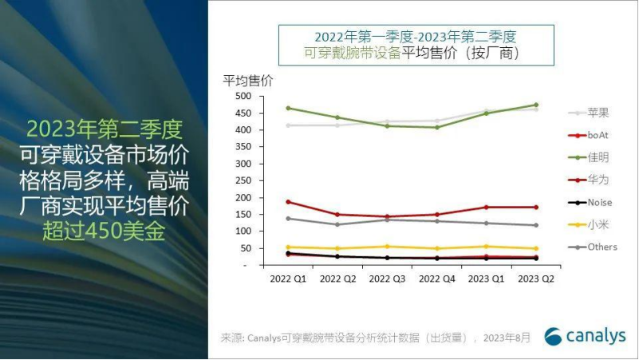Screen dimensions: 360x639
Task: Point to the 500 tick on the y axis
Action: pyautogui.click(x=243, y=96)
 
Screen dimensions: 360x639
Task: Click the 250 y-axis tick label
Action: pyautogui.click(x=243, y=180)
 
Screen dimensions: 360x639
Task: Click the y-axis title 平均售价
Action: pyautogui.click(x=247, y=81)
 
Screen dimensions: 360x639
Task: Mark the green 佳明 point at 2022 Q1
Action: pyautogui.click(x=288, y=108)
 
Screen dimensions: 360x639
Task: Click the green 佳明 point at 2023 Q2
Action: pyautogui.click(x=535, y=105)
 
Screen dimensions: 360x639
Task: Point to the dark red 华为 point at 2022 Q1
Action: pyautogui.click(x=288, y=201)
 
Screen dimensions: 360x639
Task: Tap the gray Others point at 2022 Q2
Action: pyautogui.click(x=337, y=224)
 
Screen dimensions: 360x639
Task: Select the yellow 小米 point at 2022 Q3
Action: pyautogui.click(x=387, y=246)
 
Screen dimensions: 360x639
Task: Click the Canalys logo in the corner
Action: pyautogui.click(x=585, y=336)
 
